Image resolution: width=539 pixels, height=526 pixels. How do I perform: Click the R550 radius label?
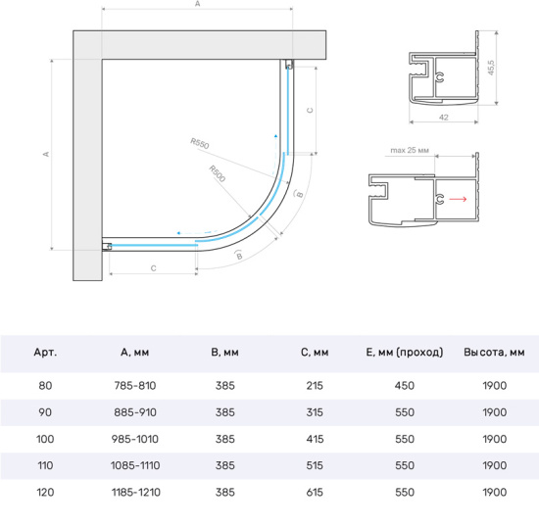200,143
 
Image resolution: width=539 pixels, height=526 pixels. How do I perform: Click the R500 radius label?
218,173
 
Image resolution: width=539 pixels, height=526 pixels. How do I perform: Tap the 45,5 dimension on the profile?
491,68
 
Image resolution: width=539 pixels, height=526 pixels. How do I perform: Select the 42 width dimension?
444,118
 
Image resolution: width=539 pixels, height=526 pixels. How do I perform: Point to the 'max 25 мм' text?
410,150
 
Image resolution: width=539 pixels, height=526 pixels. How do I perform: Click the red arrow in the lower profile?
458,199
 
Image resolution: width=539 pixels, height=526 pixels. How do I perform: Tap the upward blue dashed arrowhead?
275,136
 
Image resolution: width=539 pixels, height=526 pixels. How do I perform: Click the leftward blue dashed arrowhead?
178,233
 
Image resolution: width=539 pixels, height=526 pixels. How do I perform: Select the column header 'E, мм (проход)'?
404,353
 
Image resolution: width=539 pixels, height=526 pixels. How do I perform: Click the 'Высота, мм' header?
494,353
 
